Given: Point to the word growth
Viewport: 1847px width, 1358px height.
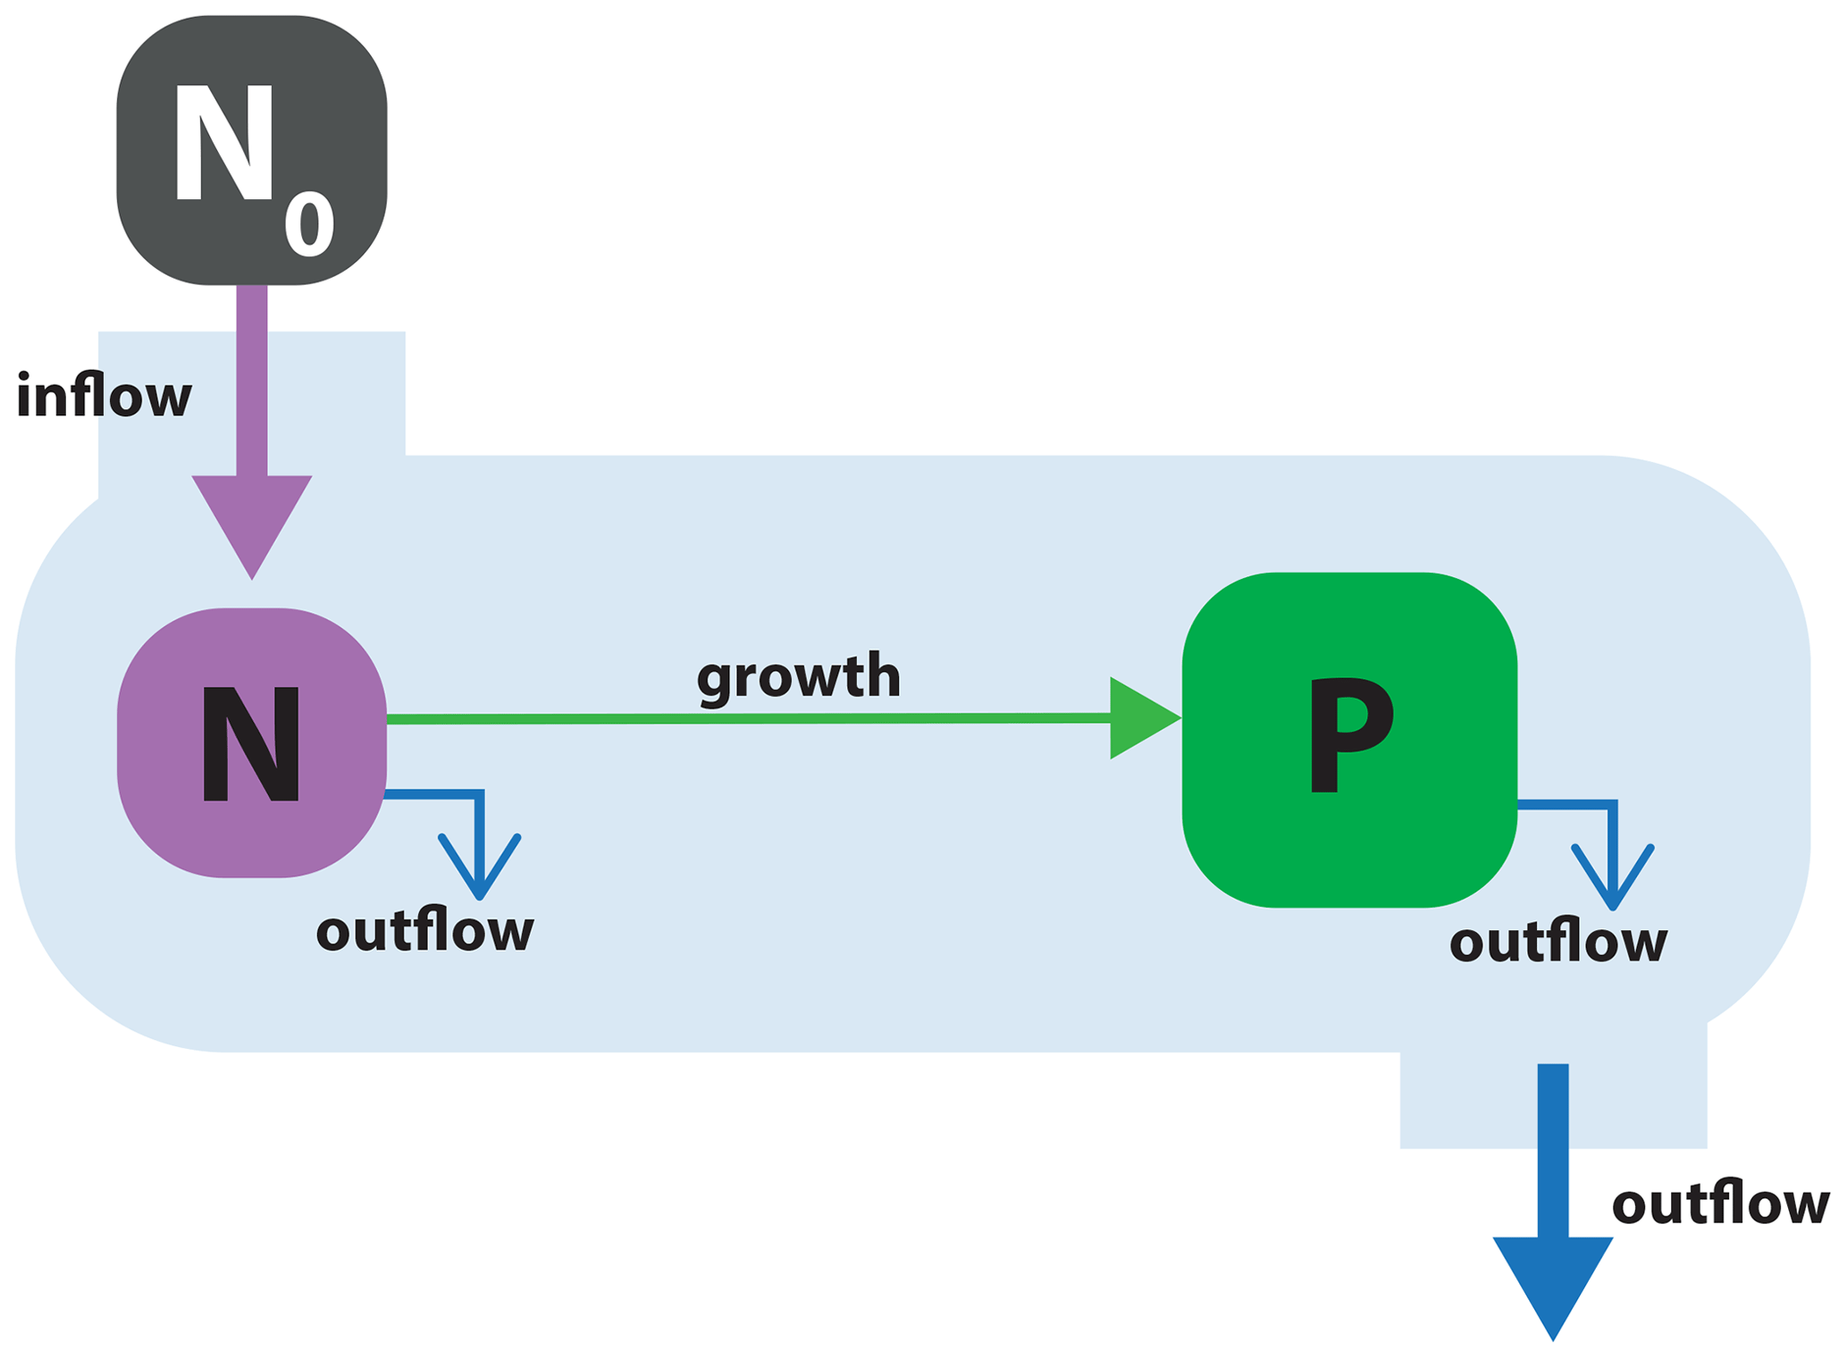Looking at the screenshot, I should pyautogui.click(x=798, y=676).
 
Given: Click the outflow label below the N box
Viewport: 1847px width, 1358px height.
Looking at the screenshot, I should pyautogui.click(x=424, y=931).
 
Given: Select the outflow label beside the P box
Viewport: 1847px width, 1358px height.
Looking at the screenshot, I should pyautogui.click(x=1557, y=942).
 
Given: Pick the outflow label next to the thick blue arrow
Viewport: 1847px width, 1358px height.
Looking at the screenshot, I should pyautogui.click(x=1720, y=1203).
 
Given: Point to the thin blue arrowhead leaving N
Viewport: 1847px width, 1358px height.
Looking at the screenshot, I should pyautogui.click(x=480, y=871).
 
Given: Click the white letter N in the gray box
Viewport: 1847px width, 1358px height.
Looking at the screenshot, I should pyautogui.click(x=223, y=143).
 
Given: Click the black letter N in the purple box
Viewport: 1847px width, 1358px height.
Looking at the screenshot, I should pyautogui.click(x=251, y=744).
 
